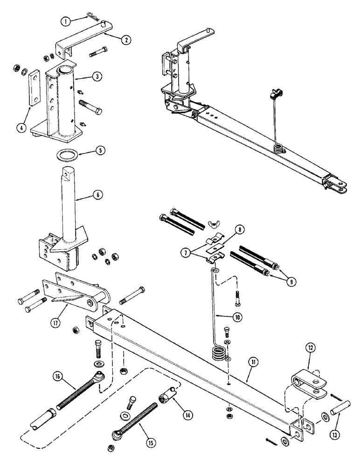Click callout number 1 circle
67,21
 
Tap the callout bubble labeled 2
125,40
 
